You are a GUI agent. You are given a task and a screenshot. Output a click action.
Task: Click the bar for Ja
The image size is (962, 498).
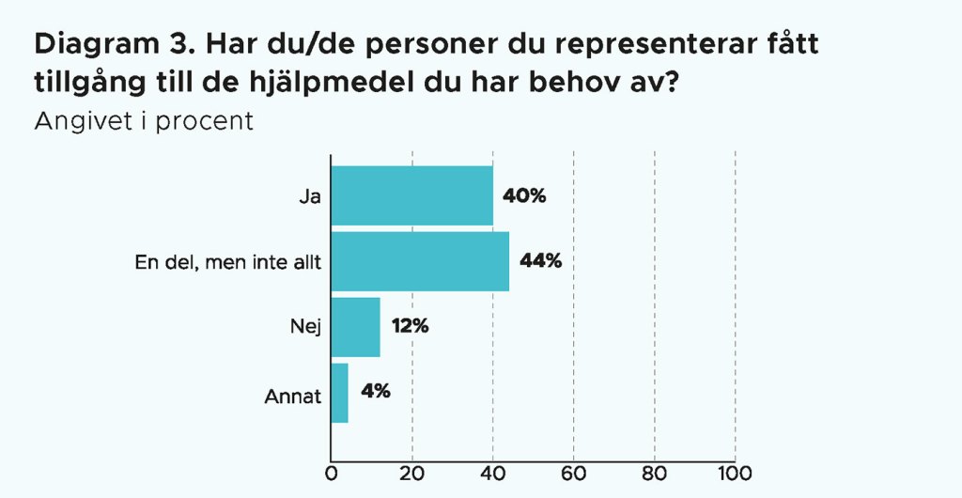[x=412, y=195]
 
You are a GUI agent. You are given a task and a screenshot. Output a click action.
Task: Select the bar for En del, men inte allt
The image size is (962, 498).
[x=421, y=261]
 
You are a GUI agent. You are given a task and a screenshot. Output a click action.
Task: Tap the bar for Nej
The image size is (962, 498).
[x=356, y=327]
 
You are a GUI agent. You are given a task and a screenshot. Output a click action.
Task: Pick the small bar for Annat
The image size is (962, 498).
[x=340, y=393]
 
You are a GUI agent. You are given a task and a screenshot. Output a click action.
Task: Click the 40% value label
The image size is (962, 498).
[x=524, y=196]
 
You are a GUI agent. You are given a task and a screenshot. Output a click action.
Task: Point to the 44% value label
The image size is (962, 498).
[x=540, y=261]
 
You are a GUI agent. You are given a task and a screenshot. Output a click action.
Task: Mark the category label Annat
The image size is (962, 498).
[x=293, y=396]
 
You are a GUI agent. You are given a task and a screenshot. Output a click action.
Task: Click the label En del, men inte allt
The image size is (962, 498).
[x=228, y=263]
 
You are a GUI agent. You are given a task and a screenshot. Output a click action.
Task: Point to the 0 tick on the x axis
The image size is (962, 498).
[x=332, y=472]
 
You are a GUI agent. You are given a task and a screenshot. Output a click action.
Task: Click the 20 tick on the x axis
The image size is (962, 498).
[x=412, y=472]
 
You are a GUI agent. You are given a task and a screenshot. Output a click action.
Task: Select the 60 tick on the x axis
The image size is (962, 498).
[x=573, y=472]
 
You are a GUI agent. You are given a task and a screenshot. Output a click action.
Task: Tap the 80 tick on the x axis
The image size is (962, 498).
[x=654, y=472]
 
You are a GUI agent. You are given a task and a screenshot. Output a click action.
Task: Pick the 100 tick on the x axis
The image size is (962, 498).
[x=734, y=472]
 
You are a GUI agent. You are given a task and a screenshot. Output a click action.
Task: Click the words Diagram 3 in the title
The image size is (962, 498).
[x=106, y=43]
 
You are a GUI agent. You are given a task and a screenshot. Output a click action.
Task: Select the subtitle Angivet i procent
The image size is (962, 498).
[x=144, y=122]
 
